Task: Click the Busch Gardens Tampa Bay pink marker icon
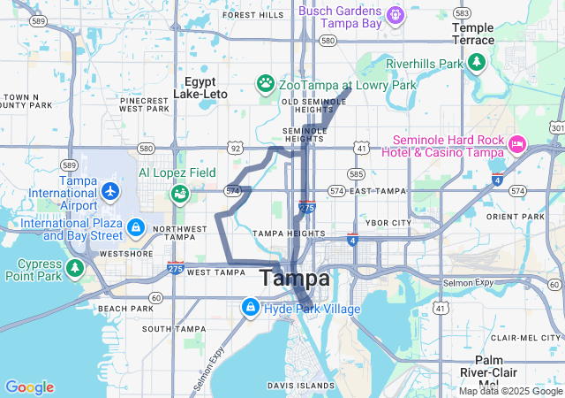point(395,15)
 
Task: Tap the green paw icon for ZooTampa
point(265,84)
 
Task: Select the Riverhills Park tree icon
point(477,63)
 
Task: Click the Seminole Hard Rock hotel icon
point(517,142)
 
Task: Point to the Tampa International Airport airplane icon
point(109,190)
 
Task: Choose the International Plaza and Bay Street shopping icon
point(135,228)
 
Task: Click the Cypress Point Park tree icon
point(74,267)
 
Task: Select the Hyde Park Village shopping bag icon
point(251,308)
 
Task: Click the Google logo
point(29,387)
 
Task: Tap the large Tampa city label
point(295,279)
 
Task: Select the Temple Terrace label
point(473,34)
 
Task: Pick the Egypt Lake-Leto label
point(202,87)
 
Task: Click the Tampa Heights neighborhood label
point(282,233)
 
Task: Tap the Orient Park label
point(515,217)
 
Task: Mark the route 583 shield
point(462,13)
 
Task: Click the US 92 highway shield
point(234,148)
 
